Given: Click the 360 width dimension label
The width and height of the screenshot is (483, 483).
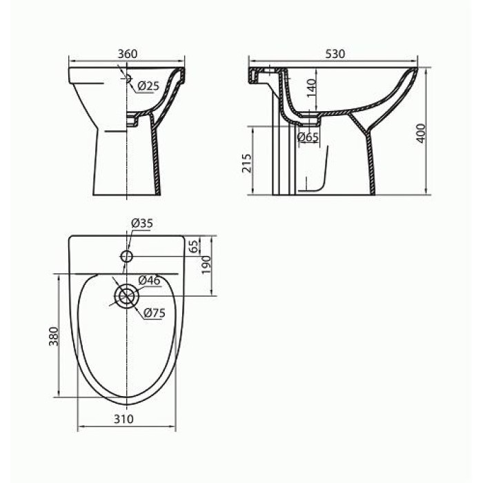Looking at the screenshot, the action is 128,54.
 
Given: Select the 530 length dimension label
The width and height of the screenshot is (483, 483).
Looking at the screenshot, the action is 335,54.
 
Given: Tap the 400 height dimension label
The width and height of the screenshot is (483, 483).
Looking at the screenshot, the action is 421,133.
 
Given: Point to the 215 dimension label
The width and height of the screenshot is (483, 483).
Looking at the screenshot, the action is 247,164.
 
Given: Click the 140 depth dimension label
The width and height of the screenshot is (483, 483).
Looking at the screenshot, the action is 312,88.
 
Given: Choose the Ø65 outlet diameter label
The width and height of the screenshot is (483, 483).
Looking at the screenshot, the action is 308,137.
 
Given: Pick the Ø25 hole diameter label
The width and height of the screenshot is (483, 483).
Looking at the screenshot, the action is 148,86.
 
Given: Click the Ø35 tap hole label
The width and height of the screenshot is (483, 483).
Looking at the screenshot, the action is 142,223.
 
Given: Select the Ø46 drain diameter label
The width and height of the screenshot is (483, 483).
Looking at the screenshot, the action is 149,280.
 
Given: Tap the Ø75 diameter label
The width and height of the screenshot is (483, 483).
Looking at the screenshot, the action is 155,313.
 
